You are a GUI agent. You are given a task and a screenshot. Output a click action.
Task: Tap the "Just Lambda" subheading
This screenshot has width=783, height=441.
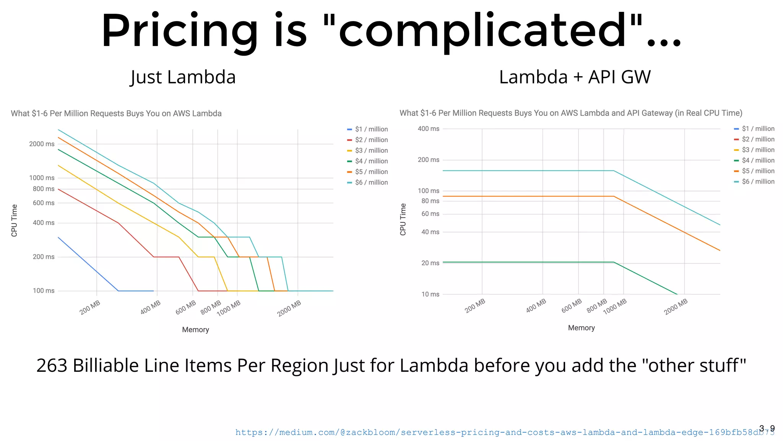point(183,77)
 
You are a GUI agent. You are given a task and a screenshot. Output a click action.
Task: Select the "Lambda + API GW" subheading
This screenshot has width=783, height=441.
point(575,77)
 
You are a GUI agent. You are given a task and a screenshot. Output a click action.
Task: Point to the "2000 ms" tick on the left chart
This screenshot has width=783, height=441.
point(42,144)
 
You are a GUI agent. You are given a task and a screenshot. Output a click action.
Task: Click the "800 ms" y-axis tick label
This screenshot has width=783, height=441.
point(44,189)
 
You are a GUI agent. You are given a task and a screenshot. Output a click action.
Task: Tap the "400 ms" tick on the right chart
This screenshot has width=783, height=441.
point(428,129)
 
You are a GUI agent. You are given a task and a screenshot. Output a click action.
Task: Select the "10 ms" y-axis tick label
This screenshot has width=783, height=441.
point(430,294)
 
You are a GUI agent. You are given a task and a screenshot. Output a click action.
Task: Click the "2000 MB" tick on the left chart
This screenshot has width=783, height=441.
point(289,308)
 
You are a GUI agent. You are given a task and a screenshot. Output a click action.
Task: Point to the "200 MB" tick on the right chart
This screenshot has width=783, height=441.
point(475,306)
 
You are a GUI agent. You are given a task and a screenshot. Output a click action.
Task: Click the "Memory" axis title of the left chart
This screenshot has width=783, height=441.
point(195,330)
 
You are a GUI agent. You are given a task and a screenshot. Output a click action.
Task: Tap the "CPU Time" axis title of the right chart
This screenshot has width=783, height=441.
point(403,219)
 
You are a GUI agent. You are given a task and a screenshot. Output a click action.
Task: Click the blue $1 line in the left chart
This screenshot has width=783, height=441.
point(88,264)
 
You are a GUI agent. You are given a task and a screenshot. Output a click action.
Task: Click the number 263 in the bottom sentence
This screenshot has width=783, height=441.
point(52,366)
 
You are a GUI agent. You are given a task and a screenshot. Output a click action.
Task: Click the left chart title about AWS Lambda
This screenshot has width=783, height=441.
point(116,114)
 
